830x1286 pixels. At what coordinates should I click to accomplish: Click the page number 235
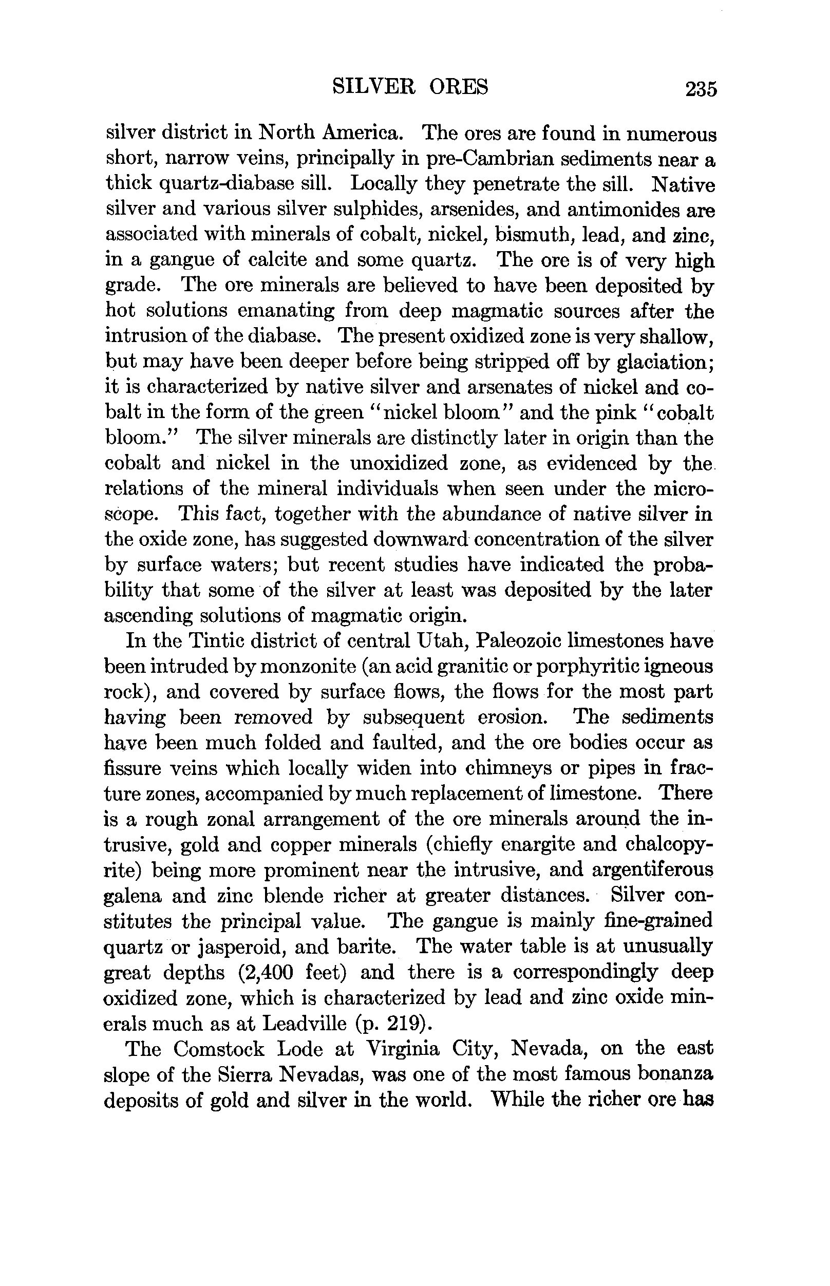coord(701,88)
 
